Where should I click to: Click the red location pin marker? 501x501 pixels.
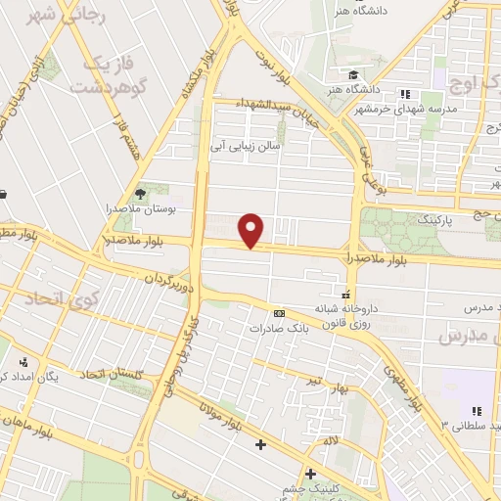(252, 229)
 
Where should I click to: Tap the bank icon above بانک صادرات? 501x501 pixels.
(280, 313)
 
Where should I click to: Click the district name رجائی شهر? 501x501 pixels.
(48, 17)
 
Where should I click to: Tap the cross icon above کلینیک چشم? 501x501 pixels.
(310, 475)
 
